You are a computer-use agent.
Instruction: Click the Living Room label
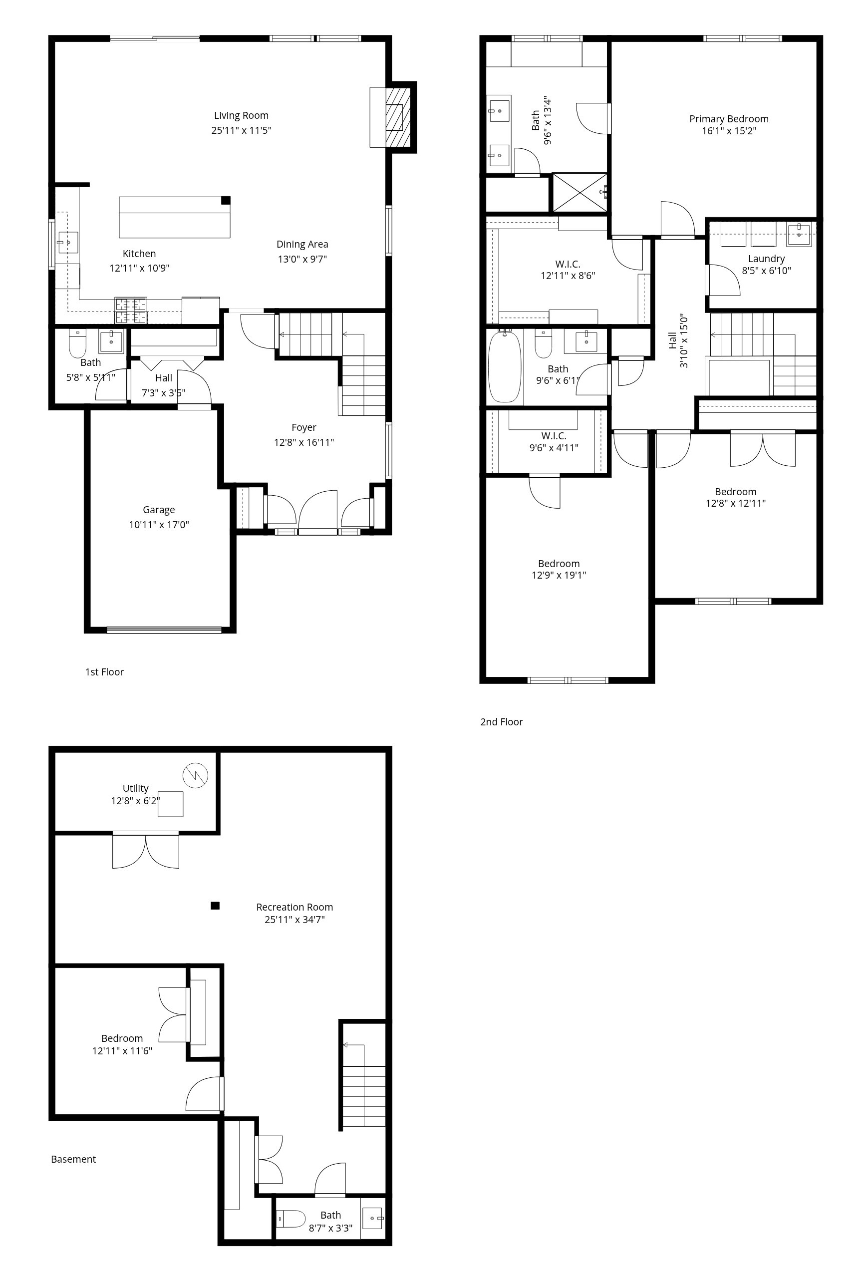pyautogui.click(x=241, y=116)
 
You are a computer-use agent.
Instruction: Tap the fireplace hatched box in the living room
pyautogui.click(x=398, y=116)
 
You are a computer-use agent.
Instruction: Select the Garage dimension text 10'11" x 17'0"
pyautogui.click(x=159, y=525)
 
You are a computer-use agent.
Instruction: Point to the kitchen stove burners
pyautogui.click(x=130, y=311)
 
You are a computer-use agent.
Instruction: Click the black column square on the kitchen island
pyautogui.click(x=226, y=201)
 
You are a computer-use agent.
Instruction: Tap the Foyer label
pyautogui.click(x=303, y=428)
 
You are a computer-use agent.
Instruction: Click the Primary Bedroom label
pyautogui.click(x=729, y=119)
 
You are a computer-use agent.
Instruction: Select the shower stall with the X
pyautogui.click(x=579, y=192)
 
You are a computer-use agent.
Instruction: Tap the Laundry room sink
pyautogui.click(x=799, y=234)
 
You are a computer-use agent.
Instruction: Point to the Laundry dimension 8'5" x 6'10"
pyautogui.click(x=766, y=270)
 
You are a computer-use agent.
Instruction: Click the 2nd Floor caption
pyautogui.click(x=502, y=722)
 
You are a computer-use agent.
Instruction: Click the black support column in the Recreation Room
pyautogui.click(x=216, y=906)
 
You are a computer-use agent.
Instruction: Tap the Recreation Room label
pyautogui.click(x=294, y=907)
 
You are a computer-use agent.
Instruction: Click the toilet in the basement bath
pyautogui.click(x=291, y=1219)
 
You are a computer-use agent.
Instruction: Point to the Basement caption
pyautogui.click(x=73, y=1159)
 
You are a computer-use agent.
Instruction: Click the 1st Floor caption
pyautogui.click(x=104, y=672)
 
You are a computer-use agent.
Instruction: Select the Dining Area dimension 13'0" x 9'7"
pyautogui.click(x=302, y=259)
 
